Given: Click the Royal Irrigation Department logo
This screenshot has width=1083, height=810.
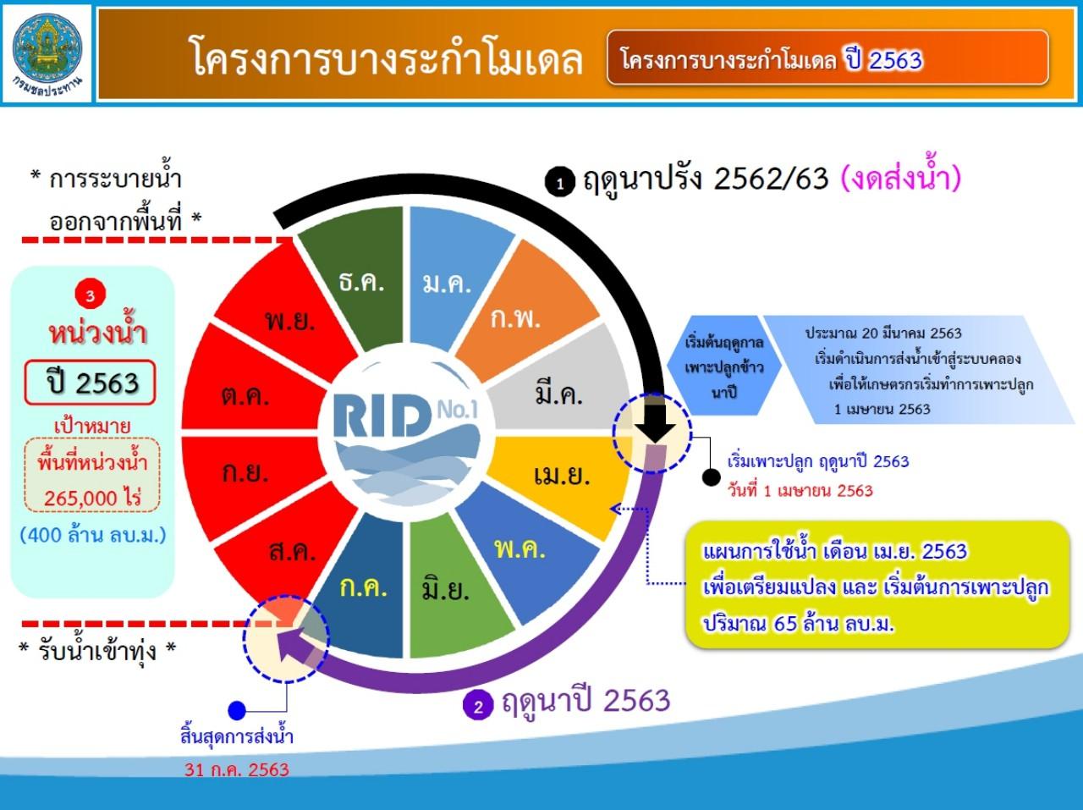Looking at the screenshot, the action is point(47,53).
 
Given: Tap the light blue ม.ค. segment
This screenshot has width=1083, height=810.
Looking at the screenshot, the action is point(453,277).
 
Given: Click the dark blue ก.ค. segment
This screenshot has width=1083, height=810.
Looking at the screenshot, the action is point(360,587).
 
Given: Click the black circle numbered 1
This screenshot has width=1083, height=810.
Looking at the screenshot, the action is point(560,182).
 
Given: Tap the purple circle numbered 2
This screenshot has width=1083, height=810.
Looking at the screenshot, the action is point(477,705).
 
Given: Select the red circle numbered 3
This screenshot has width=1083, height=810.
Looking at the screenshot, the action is point(90,295).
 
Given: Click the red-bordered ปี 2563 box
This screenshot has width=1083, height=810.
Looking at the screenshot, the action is point(91,383).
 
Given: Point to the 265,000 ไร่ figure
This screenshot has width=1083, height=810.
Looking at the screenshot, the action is point(92,498).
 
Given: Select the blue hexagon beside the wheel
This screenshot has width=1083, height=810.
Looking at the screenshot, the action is point(723,366).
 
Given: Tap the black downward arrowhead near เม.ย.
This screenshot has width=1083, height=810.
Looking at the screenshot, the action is point(655,429).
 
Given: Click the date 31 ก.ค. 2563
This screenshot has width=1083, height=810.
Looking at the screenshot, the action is point(237,769).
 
